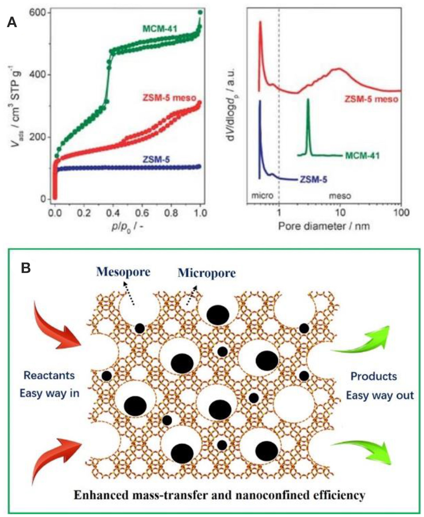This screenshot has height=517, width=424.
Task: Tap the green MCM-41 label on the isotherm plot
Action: (161, 29)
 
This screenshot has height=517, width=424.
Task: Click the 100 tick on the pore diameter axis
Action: (400, 211)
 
